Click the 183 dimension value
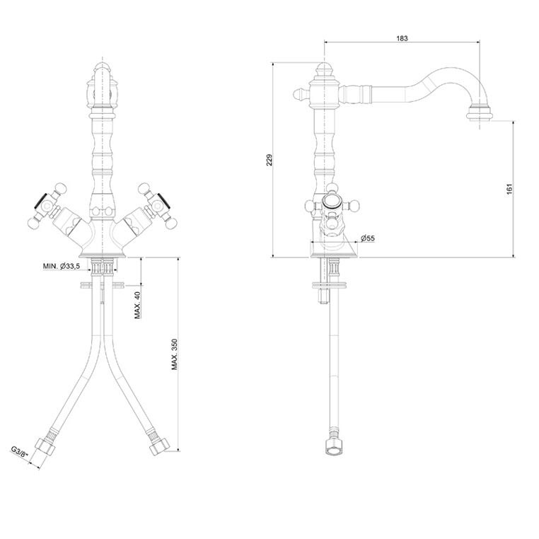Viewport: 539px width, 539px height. pos(402,38)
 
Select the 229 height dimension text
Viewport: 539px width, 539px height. pos(269,160)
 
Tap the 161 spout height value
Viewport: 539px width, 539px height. pos(509,189)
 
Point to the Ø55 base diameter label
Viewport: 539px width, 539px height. pos(368,238)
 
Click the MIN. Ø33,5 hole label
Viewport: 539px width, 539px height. pos(62,266)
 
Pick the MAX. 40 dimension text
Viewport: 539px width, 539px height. pos(137,305)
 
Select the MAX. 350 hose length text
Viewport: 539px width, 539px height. pos(175,354)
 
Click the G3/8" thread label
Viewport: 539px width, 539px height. pos(20,452)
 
